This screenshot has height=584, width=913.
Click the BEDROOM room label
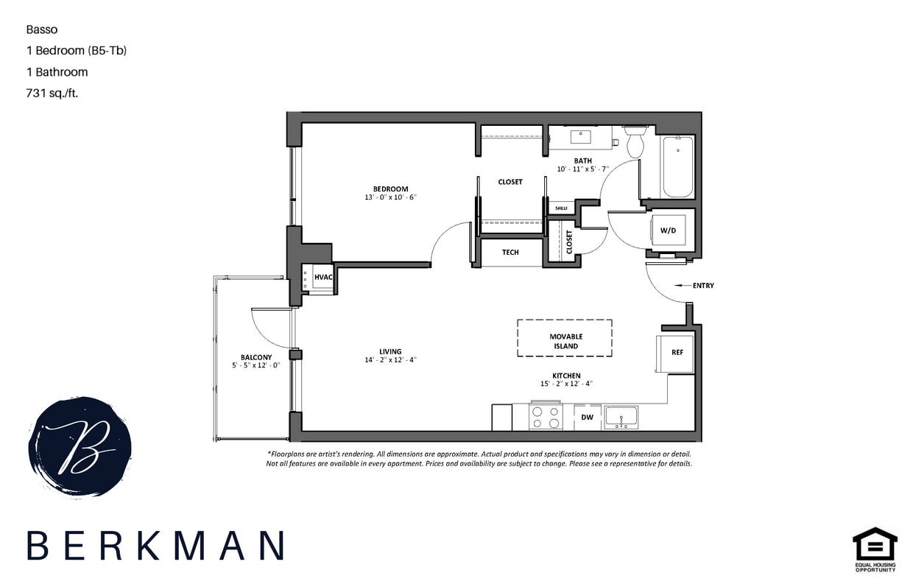pyautogui.click(x=389, y=189)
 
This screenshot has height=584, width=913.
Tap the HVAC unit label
pyautogui.click(x=324, y=277)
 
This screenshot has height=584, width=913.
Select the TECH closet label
pyautogui.click(x=510, y=252)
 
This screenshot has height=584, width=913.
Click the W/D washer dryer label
pyautogui.click(x=668, y=231)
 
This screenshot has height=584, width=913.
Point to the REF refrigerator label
pyautogui.click(x=677, y=352)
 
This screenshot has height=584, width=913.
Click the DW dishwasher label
pyautogui.click(x=587, y=418)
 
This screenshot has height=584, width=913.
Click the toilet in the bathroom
pyautogui.click(x=635, y=142)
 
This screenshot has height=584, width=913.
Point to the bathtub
pyautogui.click(x=677, y=167)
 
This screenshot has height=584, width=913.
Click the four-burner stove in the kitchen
pyautogui.click(x=546, y=418)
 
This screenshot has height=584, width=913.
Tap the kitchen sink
pyautogui.click(x=621, y=418)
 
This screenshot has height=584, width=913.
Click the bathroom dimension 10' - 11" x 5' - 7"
pyautogui.click(x=585, y=169)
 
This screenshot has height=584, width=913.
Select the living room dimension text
pyautogui.click(x=390, y=360)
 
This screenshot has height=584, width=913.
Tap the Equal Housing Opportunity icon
pyautogui.click(x=875, y=549)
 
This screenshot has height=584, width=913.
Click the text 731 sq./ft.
pyautogui.click(x=52, y=94)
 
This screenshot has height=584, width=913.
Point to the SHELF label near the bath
pyautogui.click(x=561, y=208)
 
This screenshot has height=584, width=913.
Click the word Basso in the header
pyautogui.click(x=42, y=30)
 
